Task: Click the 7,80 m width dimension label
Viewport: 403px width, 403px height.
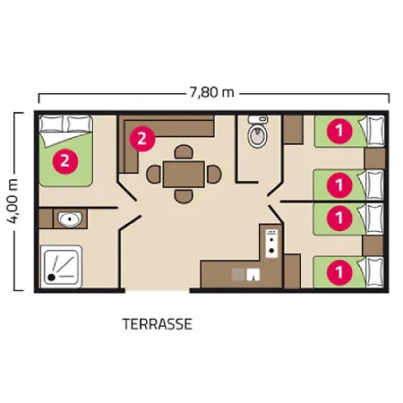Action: pyautogui.click(x=211, y=92)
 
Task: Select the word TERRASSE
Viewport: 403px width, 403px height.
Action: pyautogui.click(x=157, y=324)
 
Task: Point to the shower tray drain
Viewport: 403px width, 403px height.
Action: pyautogui.click(x=52, y=278)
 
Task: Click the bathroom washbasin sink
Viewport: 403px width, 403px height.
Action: pyautogui.click(x=70, y=219)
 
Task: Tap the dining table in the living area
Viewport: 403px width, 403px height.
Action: pyautogui.click(x=184, y=175)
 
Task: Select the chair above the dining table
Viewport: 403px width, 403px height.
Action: pyautogui.click(x=184, y=151)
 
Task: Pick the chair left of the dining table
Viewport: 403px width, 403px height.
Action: pyautogui.click(x=153, y=175)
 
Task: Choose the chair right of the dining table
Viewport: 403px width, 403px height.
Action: pyautogui.click(x=214, y=175)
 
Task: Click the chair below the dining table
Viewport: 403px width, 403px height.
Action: pyautogui.click(x=184, y=197)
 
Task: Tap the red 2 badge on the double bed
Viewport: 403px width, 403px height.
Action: pyautogui.click(x=65, y=161)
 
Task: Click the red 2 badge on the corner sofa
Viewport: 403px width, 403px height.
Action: pyautogui.click(x=142, y=139)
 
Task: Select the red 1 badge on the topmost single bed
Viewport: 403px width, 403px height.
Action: pyautogui.click(x=339, y=131)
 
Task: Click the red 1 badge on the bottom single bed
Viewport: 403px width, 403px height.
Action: pyautogui.click(x=339, y=272)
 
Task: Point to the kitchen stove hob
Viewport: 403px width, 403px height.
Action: pyautogui.click(x=271, y=244)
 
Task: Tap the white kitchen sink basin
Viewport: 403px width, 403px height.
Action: pyautogui.click(x=253, y=275)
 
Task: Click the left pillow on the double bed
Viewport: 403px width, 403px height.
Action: pyautogui.click(x=51, y=124)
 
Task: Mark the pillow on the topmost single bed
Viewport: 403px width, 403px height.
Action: pyautogui.click(x=375, y=131)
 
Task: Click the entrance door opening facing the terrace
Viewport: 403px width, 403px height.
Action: pyautogui.click(x=158, y=290)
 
